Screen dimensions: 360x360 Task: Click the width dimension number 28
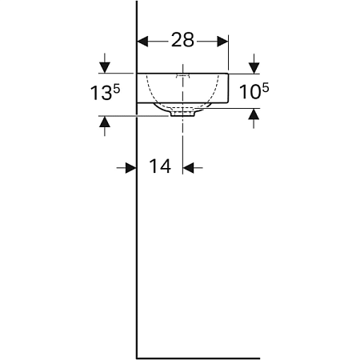[x=183, y=39]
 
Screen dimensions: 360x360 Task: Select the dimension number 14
[x=160, y=166]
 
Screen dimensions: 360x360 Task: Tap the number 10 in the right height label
[x=250, y=93]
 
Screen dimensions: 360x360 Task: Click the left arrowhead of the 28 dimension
[x=144, y=39]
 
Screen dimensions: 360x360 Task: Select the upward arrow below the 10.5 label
[x=254, y=116]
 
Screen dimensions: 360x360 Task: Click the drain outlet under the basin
[x=183, y=114]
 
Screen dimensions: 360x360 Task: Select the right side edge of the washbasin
[x=230, y=88]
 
